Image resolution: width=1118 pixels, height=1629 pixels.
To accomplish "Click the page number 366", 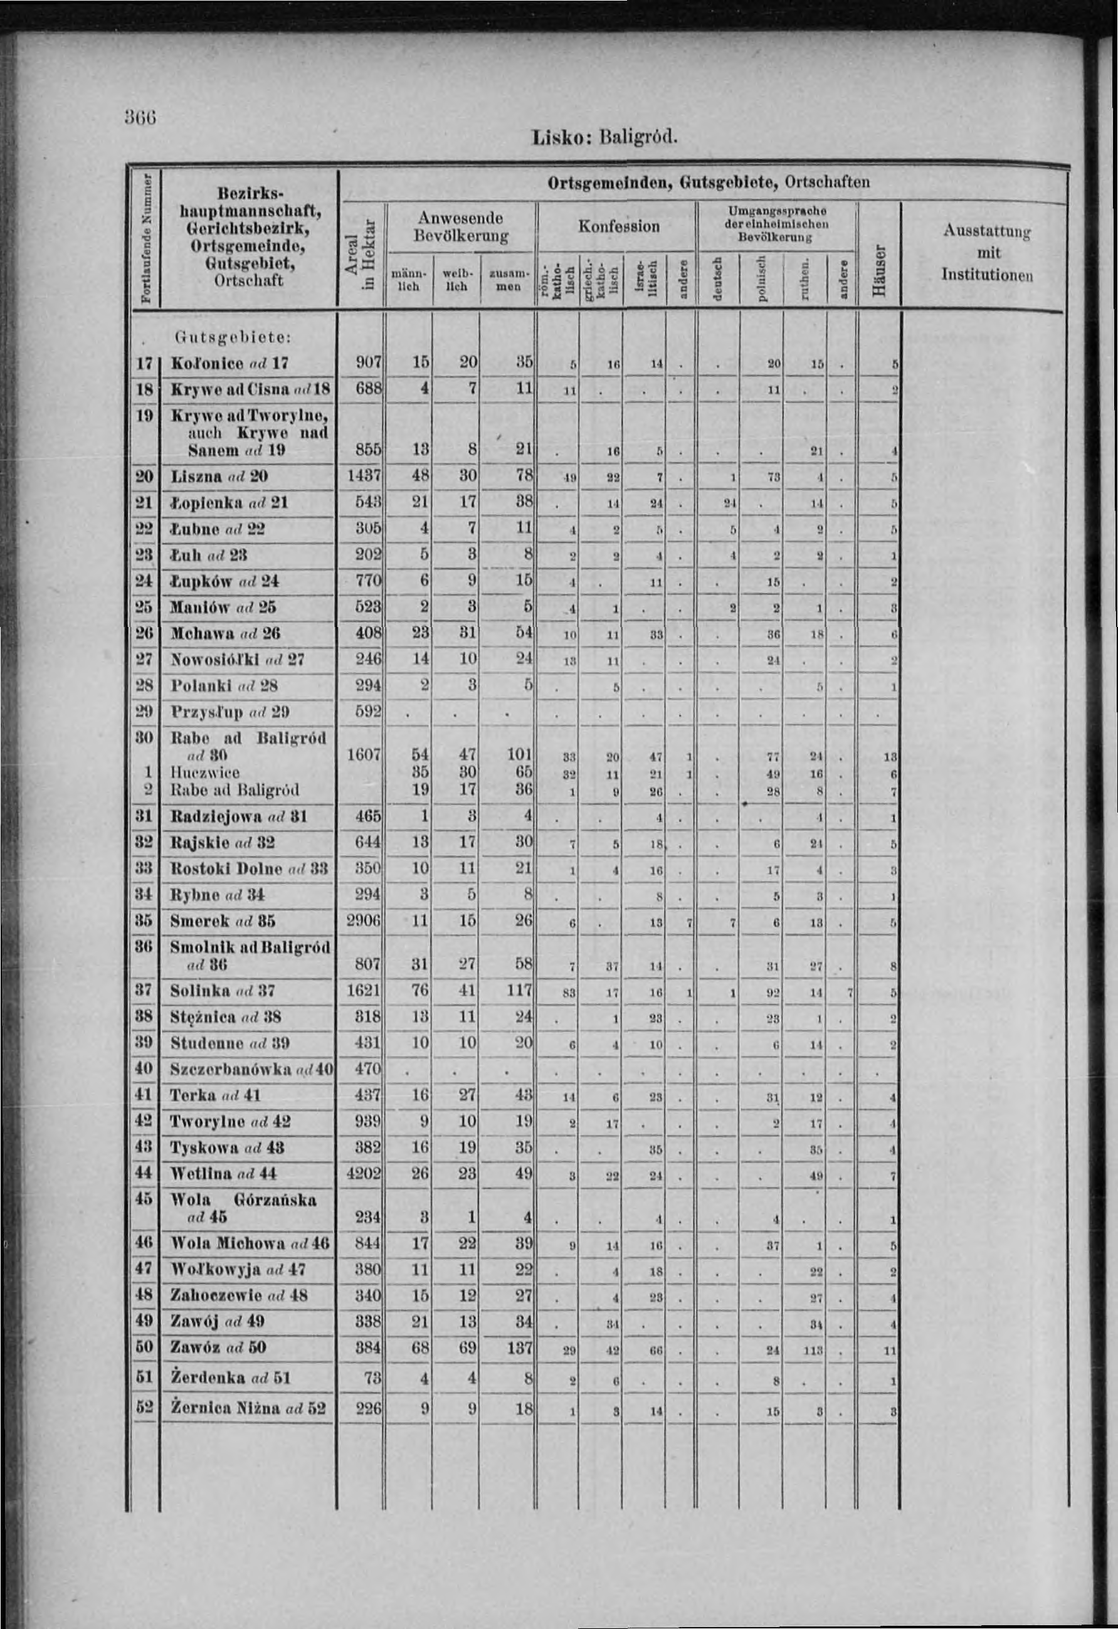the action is coord(140,117).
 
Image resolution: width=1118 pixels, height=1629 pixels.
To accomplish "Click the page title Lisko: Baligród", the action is coord(605,136).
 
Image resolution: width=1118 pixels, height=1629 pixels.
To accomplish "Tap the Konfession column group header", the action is coord(618,226).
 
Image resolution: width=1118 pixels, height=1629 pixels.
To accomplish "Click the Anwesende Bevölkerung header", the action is coord(460,226).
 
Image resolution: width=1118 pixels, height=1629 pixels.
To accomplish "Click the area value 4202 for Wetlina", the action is coord(364,1173).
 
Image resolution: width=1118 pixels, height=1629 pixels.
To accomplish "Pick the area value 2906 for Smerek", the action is coord(364,921).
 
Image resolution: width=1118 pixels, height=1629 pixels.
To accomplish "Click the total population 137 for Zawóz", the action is coord(519,1348).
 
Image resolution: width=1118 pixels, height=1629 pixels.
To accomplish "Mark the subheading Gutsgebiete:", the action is coord(232,337).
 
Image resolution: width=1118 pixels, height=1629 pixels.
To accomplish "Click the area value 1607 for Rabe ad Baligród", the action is coord(364,756).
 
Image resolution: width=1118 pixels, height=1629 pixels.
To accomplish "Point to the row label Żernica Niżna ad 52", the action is coord(248,1408).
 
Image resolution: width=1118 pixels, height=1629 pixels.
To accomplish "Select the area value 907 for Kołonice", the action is coord(368,363).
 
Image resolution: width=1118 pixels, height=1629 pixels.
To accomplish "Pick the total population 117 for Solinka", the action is coord(519,991).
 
